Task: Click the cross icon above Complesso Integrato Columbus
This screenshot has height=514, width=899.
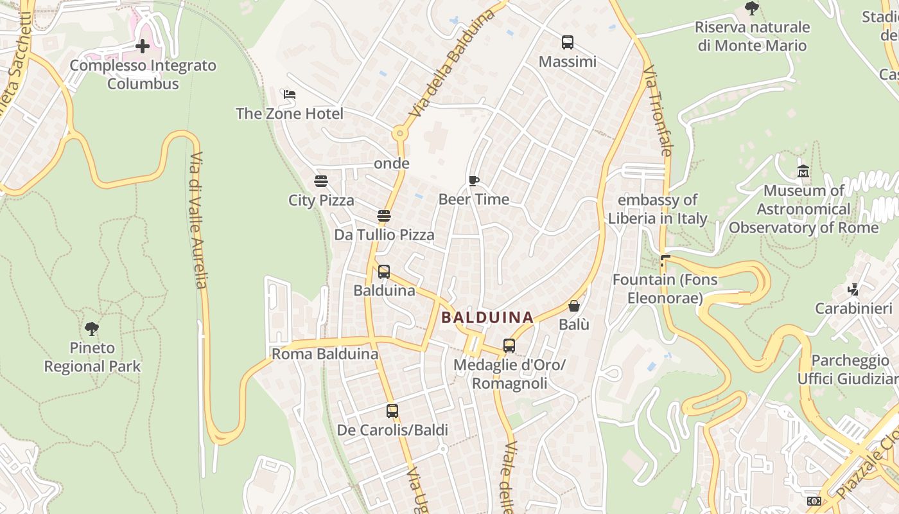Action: tap(143, 46)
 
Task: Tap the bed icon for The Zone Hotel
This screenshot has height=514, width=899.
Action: tap(290, 94)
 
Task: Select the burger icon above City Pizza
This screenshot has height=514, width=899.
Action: tap(321, 181)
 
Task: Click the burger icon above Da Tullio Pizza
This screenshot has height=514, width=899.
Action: tap(384, 216)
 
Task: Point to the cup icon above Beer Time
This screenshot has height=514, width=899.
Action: tap(474, 181)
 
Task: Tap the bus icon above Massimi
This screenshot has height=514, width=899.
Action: tap(568, 42)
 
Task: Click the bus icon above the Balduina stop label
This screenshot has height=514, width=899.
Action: tap(384, 272)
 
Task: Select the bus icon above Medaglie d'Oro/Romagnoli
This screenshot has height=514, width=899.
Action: tap(509, 346)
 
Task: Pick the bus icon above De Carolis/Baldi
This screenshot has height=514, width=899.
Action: tap(392, 411)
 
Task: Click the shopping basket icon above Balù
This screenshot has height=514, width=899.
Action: tap(574, 306)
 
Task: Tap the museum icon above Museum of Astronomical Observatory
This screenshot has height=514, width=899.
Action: tap(803, 172)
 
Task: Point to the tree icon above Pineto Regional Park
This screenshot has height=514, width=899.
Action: tap(92, 329)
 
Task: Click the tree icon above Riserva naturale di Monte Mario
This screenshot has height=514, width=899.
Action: tap(752, 8)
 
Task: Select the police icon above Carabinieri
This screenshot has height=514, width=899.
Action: tap(853, 290)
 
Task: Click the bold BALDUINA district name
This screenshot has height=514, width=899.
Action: tap(487, 317)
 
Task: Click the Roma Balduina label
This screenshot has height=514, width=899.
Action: tap(325, 354)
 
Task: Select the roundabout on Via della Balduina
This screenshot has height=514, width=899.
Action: tap(400, 134)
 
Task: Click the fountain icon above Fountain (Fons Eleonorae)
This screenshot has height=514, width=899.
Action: tap(665, 261)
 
